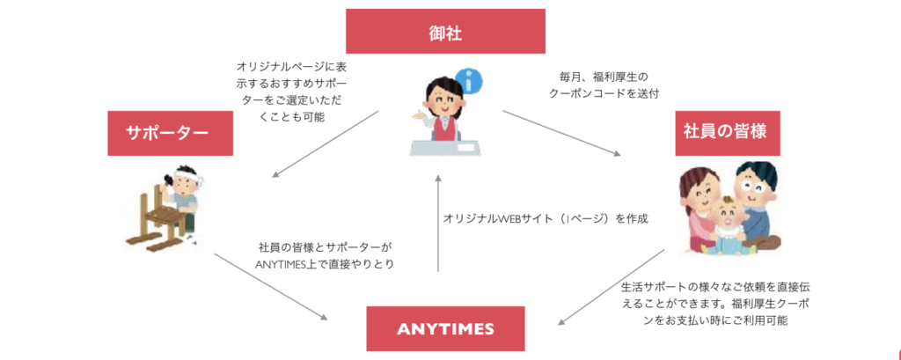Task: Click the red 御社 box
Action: [x=445, y=33]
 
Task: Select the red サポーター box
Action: [x=166, y=133]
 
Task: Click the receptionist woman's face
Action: [x=440, y=94]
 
